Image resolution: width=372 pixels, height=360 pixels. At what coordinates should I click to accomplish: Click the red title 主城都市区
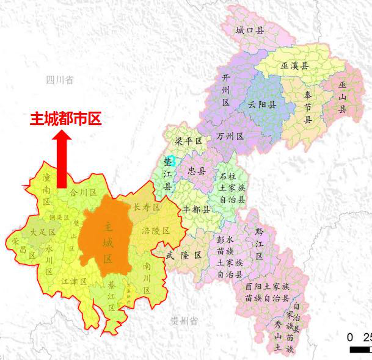[x=65, y=119]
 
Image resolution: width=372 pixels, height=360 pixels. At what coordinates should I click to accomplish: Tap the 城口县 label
[x=250, y=30]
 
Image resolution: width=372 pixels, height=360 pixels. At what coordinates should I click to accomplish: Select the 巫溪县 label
[x=295, y=66]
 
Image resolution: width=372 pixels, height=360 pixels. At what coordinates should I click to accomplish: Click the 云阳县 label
[x=262, y=105]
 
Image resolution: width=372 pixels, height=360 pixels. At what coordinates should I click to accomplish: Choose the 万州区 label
[x=230, y=136]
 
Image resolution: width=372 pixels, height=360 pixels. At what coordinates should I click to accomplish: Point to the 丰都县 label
[x=196, y=209]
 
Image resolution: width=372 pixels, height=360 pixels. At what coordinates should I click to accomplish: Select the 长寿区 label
[x=146, y=207]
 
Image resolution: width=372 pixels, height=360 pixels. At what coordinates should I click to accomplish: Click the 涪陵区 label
[x=155, y=231]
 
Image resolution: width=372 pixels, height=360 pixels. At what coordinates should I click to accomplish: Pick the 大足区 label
[x=43, y=232]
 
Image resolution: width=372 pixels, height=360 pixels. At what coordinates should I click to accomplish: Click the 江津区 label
[x=75, y=281]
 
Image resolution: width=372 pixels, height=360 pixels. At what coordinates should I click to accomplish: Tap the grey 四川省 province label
[x=60, y=80]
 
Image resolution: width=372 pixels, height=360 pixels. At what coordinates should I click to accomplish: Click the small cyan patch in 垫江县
[x=172, y=160]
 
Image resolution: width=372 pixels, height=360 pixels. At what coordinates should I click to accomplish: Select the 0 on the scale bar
[x=350, y=337]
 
